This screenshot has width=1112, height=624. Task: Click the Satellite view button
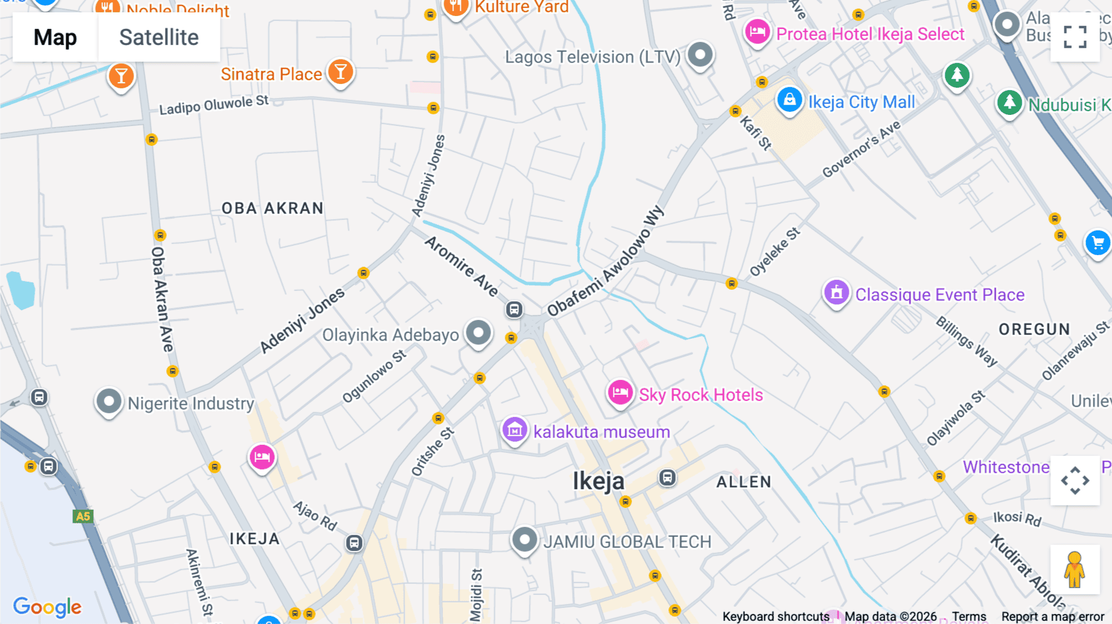159,38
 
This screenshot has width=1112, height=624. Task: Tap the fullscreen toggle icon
1075,37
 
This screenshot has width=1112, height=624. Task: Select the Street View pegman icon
1074,570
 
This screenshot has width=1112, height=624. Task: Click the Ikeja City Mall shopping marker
789,100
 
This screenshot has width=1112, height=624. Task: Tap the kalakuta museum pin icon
515,430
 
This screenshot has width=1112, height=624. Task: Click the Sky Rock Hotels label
701,395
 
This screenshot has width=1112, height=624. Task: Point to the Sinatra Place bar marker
340,72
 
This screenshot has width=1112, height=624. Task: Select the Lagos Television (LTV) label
592,57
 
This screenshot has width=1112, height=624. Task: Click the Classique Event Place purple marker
836,293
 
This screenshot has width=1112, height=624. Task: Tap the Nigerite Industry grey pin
109,402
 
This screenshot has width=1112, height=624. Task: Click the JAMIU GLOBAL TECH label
627,542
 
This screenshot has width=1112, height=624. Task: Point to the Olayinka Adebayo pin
478,333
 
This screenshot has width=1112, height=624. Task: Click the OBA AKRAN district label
272,208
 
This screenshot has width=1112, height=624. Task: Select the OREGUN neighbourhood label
1034,329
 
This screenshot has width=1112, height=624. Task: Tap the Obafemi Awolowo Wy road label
605,262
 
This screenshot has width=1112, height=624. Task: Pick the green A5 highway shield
83,516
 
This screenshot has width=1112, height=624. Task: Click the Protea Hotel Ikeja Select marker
757,32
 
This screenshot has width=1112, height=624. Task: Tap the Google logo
47,607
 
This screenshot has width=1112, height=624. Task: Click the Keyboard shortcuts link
775,617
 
